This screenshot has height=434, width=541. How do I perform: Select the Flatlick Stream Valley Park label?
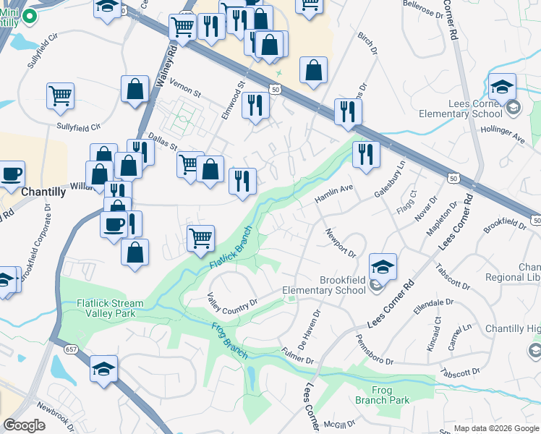coord(101,308)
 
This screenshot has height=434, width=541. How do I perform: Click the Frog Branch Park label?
coord(383,395)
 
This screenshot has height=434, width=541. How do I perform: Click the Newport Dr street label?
coord(341,243)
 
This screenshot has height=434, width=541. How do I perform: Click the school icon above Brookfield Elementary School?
coord(383,265)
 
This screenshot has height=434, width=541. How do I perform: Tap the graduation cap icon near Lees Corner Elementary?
coord(502,87)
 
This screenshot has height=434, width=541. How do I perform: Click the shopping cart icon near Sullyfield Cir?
coord(60,95)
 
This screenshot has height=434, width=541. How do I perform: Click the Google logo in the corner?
coord(25,425)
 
